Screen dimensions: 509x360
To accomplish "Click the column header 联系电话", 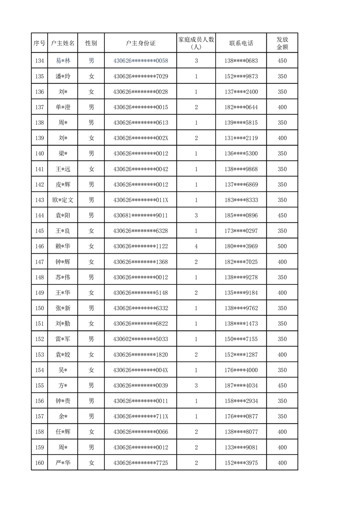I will (x=241, y=44).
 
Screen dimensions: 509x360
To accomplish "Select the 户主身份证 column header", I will (x=140, y=44).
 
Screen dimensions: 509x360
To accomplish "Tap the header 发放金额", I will (x=282, y=44).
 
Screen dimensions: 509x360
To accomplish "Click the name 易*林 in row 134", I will (x=63, y=61).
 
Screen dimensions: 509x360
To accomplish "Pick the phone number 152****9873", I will (x=241, y=76).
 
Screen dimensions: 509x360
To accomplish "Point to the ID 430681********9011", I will (x=140, y=215).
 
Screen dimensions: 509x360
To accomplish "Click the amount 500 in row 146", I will (x=282, y=246).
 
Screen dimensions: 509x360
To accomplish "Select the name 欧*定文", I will (x=63, y=200).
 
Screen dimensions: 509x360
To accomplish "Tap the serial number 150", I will (x=39, y=308).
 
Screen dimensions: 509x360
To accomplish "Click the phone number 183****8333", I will (x=241, y=200).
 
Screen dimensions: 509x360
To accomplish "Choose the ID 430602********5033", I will (x=140, y=339).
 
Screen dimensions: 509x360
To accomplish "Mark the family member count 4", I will (x=196, y=246).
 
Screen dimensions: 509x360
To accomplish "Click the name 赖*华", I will (x=63, y=246).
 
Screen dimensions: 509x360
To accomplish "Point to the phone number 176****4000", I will (x=241, y=370).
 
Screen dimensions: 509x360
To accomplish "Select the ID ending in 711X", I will (x=140, y=416).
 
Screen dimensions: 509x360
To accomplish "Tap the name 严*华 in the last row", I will (x=63, y=463).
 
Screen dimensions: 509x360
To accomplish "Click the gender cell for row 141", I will (x=91, y=169).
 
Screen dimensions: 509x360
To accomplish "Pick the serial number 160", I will (x=39, y=463).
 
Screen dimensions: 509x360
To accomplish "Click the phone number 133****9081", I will (x=241, y=447).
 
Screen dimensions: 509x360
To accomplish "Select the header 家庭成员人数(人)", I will (x=196, y=44).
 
